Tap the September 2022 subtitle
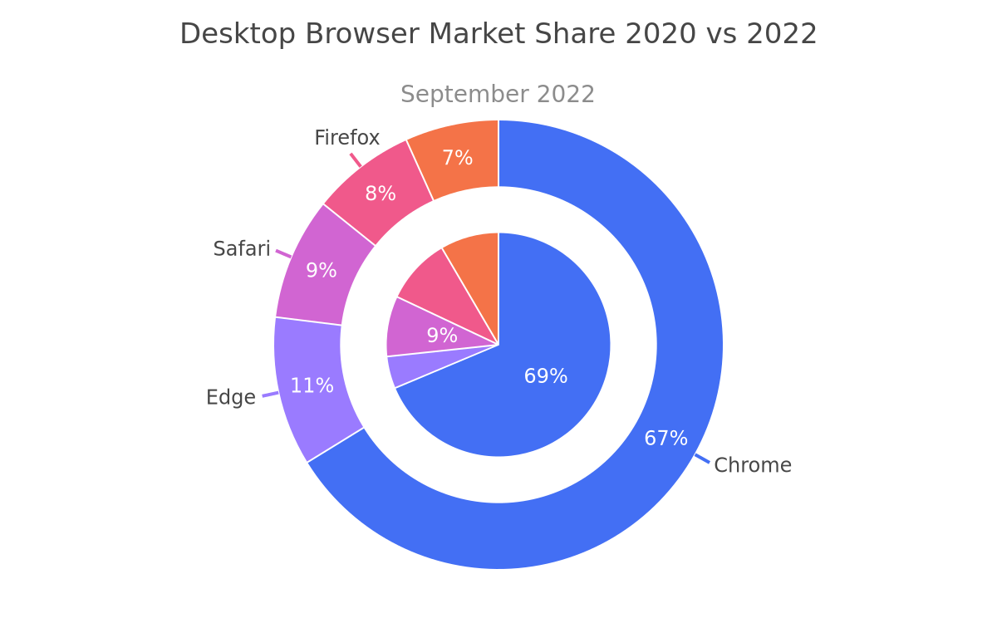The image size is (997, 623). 498,94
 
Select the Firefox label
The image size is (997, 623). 346,138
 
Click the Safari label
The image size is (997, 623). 242,248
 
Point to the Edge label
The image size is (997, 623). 231,397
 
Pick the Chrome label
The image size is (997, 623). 753,465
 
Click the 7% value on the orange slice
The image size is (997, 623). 458,158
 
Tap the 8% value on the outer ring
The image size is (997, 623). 381,194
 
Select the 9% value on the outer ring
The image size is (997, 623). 322,270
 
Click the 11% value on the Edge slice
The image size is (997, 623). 312,385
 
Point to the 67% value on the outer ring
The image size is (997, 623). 665,439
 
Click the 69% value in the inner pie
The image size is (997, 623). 546,376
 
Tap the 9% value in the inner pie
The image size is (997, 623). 442,335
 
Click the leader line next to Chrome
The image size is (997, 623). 702,459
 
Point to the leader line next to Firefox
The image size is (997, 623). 356,160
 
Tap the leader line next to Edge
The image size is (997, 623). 271,395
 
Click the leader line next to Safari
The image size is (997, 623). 283,253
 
